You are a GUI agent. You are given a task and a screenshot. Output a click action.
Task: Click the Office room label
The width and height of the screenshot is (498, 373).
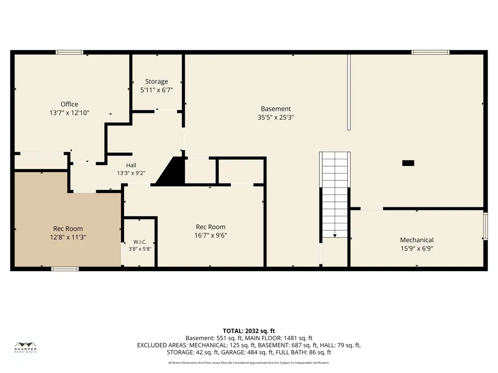[69, 104]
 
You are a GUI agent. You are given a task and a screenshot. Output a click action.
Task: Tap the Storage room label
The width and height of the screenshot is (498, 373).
[156, 82]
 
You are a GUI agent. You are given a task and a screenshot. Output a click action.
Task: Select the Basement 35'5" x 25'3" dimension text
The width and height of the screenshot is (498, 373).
[276, 117]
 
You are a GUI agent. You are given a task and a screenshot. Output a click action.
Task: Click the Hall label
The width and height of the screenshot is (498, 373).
[131, 165]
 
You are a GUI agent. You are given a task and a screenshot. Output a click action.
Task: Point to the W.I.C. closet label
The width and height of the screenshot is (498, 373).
[140, 242]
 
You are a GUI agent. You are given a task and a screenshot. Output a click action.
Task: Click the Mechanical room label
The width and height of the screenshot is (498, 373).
[417, 240]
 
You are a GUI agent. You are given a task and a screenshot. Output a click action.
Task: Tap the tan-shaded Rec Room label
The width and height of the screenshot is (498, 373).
[68, 228]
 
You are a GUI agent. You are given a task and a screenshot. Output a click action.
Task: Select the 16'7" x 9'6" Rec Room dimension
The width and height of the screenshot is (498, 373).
[211, 235]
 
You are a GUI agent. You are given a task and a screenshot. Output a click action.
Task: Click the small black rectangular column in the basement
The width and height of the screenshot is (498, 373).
[408, 163]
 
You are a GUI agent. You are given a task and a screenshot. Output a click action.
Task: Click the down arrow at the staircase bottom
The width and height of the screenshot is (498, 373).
[335, 236]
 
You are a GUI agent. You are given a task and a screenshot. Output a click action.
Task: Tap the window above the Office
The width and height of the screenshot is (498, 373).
[70, 52]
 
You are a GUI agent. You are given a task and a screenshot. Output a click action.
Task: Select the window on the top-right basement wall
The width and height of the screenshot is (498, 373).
[430, 52]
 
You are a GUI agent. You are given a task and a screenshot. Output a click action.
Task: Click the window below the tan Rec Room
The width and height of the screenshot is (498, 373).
[65, 269]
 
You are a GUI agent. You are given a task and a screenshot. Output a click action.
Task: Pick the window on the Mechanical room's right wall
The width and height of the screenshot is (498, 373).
[485, 226]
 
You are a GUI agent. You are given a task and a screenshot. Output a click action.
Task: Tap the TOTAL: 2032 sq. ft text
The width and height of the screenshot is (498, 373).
[249, 331]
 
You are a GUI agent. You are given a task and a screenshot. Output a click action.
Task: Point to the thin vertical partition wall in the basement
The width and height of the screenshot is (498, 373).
[349, 93]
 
